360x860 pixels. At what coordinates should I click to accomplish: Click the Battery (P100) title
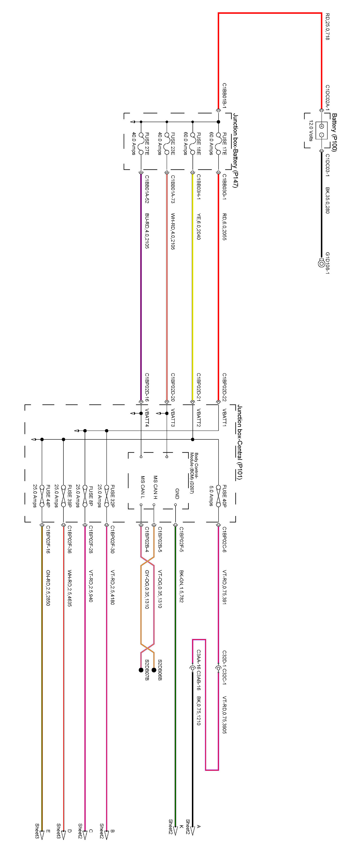tap(334, 132)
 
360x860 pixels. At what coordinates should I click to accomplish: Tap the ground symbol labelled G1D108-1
tap(321, 263)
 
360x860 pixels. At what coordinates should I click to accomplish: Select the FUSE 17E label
tap(224, 144)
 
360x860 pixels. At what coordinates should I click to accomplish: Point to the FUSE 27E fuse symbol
tap(141, 144)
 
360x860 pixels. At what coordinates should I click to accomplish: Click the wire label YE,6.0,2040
tap(199, 226)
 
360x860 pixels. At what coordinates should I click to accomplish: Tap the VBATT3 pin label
tap(173, 417)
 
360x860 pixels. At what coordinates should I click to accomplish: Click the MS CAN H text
tap(155, 487)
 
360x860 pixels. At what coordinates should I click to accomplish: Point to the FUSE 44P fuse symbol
tap(42, 496)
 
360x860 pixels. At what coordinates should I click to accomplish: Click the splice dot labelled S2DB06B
tap(154, 670)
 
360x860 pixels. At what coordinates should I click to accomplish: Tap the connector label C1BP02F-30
tap(112, 540)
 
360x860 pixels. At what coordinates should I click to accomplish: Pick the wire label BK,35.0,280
tap(328, 200)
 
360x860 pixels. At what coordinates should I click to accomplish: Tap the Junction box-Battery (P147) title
tap(236, 150)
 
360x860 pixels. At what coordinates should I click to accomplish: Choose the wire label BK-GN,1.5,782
tap(181, 586)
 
